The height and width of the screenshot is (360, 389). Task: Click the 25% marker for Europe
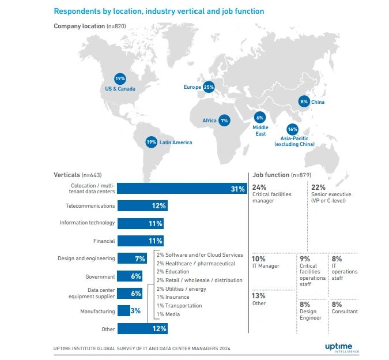click(209, 87)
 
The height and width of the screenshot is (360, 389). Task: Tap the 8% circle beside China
click(304, 102)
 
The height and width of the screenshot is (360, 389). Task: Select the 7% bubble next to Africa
click(224, 121)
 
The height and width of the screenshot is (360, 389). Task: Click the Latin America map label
click(176, 142)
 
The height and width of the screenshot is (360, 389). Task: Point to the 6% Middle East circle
click(260, 117)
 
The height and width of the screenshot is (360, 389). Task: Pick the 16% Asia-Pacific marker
click(292, 130)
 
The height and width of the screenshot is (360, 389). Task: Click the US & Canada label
click(120, 89)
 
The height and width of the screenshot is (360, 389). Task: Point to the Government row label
click(100, 276)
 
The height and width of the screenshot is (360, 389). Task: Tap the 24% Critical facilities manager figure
click(259, 187)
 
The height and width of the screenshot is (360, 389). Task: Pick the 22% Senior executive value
click(318, 187)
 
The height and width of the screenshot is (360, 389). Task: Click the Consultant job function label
click(345, 312)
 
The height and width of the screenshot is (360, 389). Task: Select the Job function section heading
click(271, 174)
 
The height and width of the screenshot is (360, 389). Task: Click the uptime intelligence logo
click(342, 346)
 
